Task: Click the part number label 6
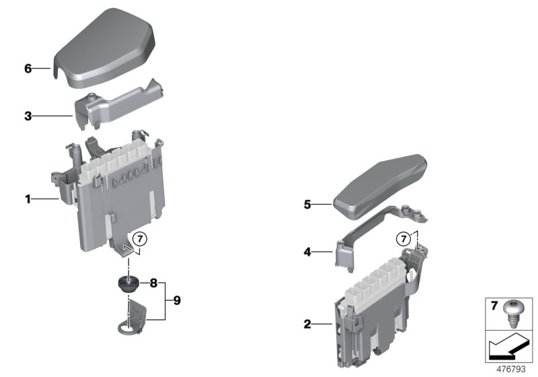(28, 69)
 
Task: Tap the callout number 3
(28, 116)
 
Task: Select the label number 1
(28, 199)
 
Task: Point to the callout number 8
(153, 284)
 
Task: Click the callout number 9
(178, 300)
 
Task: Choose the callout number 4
(307, 252)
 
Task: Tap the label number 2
(307, 324)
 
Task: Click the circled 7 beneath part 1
(139, 238)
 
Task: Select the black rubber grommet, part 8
(126, 283)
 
